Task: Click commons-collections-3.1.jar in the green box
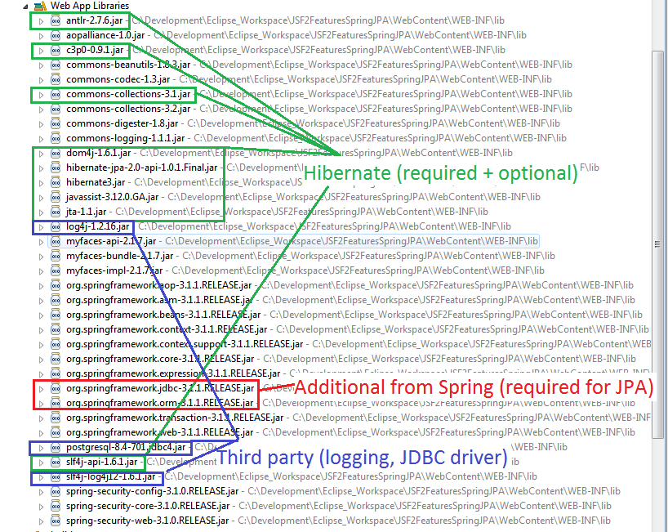[x=128, y=94]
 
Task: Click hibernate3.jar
[x=96, y=182]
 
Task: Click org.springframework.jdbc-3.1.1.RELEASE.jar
[x=160, y=388]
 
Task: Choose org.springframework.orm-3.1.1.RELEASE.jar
[x=160, y=403]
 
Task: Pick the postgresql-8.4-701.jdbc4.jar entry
[x=126, y=448]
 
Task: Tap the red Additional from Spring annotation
[x=474, y=389]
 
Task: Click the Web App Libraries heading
[x=89, y=6]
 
